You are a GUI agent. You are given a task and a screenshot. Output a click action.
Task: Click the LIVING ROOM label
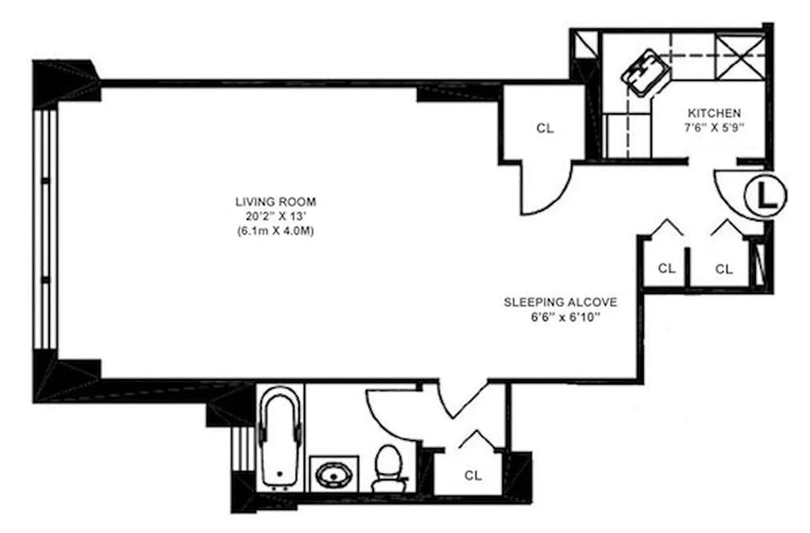[x=275, y=201]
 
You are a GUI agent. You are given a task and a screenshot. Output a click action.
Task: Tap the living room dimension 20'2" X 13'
[x=275, y=217]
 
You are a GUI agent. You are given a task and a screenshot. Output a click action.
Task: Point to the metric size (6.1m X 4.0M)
[x=275, y=232]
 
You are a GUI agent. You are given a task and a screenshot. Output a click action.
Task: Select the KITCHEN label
[x=715, y=113]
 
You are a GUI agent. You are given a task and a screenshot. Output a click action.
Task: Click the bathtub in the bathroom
[x=280, y=437]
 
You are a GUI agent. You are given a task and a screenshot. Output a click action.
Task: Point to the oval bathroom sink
[x=333, y=474]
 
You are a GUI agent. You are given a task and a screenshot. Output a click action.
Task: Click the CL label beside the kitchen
[x=545, y=129]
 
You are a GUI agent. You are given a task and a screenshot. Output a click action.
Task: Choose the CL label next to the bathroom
[x=473, y=476]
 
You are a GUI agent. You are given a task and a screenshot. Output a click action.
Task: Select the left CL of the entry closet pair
[x=667, y=269]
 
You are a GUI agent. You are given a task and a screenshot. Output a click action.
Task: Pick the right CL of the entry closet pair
[x=724, y=269]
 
